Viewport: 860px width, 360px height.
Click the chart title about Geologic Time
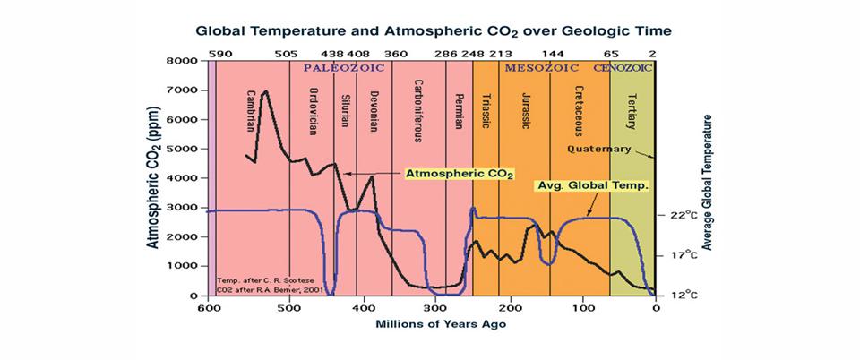click(434, 30)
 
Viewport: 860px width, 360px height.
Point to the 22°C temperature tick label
click(677, 216)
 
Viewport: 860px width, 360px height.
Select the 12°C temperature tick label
click(677, 295)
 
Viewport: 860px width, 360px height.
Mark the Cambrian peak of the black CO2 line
click(265, 91)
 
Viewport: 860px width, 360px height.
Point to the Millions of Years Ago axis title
click(434, 324)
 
